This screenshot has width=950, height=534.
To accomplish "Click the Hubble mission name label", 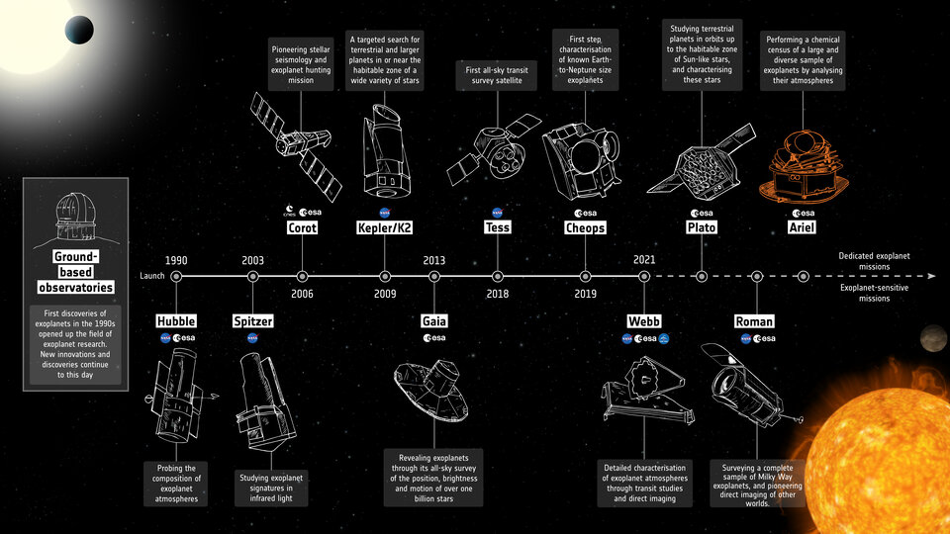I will click(176, 321).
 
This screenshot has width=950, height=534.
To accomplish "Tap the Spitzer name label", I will click(252, 321).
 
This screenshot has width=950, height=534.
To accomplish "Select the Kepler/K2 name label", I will click(384, 227).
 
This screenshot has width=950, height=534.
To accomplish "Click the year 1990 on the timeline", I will click(176, 260).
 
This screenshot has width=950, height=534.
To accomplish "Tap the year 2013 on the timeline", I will click(433, 260).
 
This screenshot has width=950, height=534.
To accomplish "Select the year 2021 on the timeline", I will click(643, 260).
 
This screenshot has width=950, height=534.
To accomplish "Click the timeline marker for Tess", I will click(498, 277).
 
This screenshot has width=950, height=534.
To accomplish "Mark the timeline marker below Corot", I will click(302, 277).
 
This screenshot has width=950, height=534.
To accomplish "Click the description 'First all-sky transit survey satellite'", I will click(498, 76).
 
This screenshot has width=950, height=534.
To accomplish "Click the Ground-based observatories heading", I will click(75, 272).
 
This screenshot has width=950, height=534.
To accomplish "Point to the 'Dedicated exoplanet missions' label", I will click(876, 261).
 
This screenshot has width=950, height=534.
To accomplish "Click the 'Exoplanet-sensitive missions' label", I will click(876, 292).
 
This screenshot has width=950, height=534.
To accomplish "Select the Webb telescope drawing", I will click(643, 393).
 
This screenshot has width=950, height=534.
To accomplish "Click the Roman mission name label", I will click(754, 321).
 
